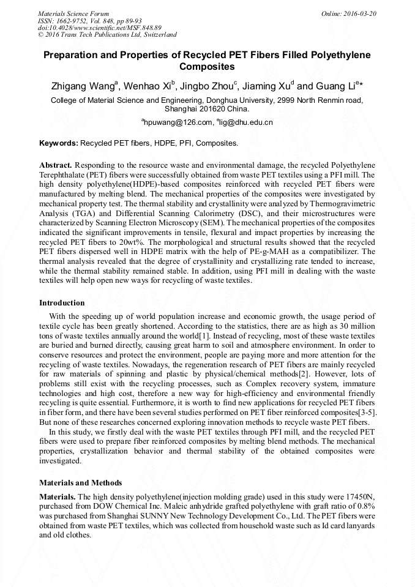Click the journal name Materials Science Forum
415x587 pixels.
point(73,13)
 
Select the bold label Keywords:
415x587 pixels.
point(59,143)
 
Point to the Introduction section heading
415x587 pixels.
point(62,302)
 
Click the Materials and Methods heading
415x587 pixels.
point(80,482)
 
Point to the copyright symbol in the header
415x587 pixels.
point(41,35)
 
